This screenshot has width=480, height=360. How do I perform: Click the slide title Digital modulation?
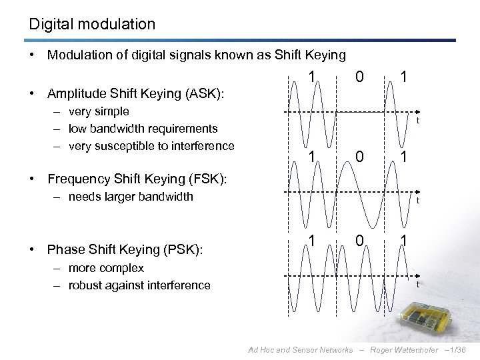pyautogui.click(x=92, y=25)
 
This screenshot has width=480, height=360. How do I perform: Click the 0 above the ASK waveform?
pyautogui.click(x=359, y=78)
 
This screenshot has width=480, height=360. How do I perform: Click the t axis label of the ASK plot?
pyautogui.click(x=417, y=121)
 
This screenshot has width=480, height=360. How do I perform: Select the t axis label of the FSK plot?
pyautogui.click(x=417, y=201)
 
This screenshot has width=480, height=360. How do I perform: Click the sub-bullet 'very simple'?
pyautogui.click(x=98, y=111)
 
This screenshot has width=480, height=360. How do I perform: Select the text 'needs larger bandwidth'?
pyautogui.click(x=129, y=196)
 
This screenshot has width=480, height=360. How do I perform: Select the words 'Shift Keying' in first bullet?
pyautogui.click(x=311, y=55)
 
